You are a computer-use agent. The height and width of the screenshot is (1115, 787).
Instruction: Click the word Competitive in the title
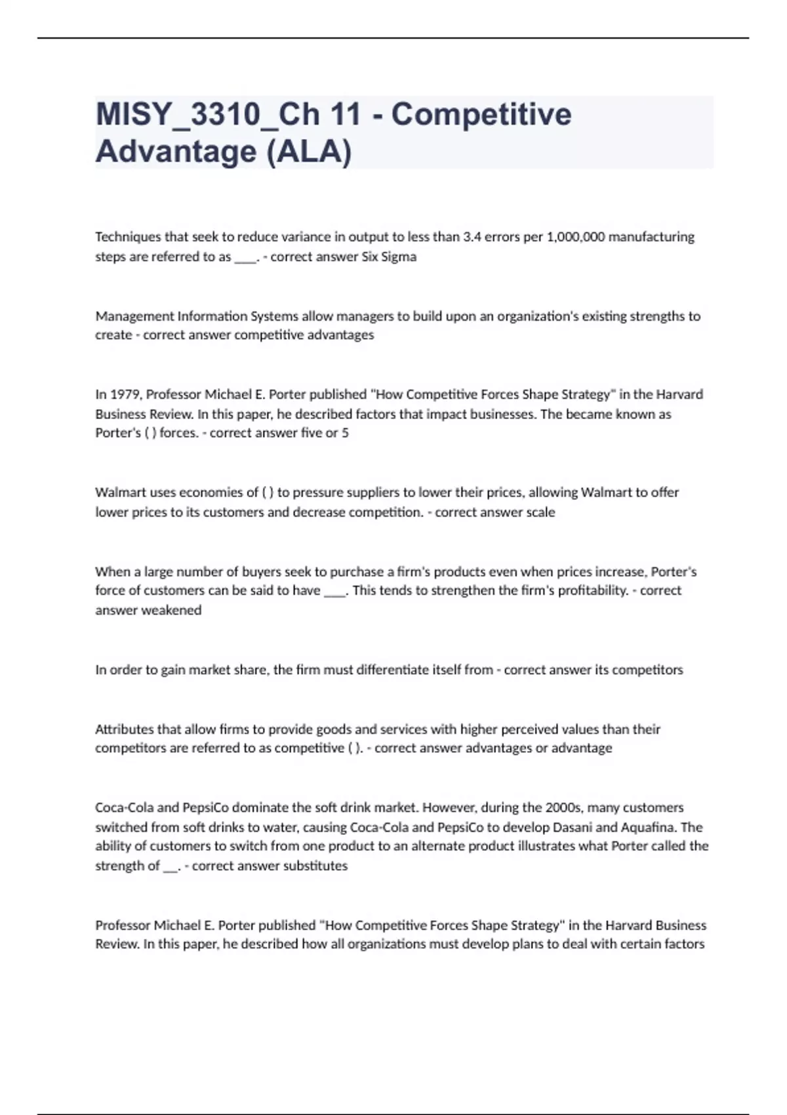481,114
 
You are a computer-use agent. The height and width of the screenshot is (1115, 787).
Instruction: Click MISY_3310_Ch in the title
208,114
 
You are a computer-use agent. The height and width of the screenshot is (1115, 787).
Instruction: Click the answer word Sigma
399,256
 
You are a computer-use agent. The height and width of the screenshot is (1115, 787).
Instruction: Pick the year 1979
127,395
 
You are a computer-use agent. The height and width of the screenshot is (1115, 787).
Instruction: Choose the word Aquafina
648,827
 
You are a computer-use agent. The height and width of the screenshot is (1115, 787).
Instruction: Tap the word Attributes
125,729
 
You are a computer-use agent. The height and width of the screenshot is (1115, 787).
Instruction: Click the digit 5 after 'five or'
345,433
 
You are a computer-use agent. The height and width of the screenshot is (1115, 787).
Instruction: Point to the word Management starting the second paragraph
134,316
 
